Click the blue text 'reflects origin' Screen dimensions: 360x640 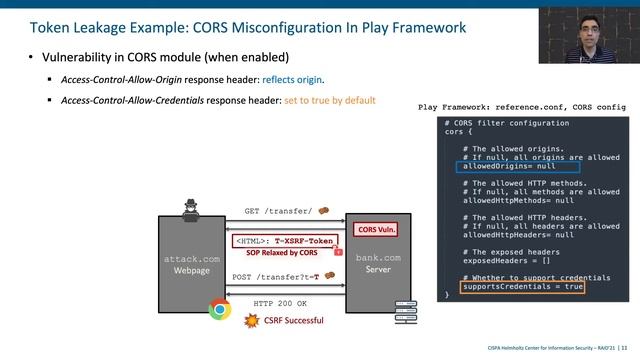click(292, 79)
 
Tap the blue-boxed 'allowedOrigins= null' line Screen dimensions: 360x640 click(509, 166)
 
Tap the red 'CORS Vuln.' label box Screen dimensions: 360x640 click(377, 229)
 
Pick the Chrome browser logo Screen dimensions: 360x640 click(219, 309)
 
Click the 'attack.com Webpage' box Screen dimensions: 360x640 click(190, 264)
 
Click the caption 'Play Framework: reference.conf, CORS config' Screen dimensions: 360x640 click(521, 107)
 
